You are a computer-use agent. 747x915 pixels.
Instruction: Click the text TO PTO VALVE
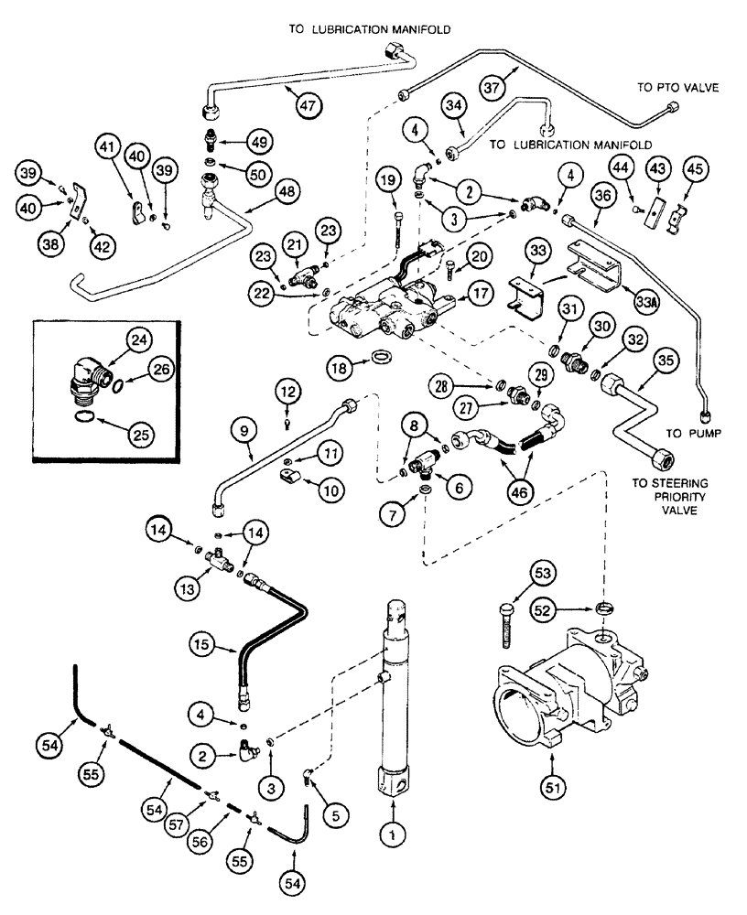[x=677, y=88]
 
